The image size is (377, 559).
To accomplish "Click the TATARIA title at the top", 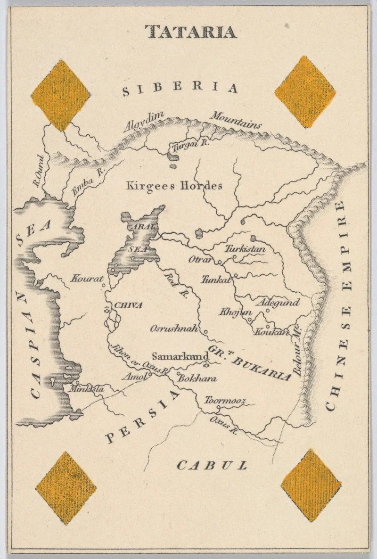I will [x=190, y=32].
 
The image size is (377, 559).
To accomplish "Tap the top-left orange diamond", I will [x=61, y=95].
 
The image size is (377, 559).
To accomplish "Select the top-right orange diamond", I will [x=305, y=91].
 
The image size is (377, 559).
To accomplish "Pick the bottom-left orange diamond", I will [x=66, y=488].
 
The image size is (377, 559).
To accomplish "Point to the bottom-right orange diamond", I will [x=311, y=485].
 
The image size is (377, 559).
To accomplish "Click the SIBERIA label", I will [x=180, y=88].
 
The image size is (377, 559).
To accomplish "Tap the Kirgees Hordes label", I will [x=174, y=186].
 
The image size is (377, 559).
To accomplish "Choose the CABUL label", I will [x=212, y=466].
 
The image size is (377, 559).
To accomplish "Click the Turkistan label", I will [x=245, y=249].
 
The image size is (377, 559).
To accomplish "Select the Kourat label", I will [x=87, y=279].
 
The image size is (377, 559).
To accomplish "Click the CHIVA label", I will [x=128, y=305].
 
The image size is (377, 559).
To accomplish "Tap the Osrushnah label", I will [x=174, y=329].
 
